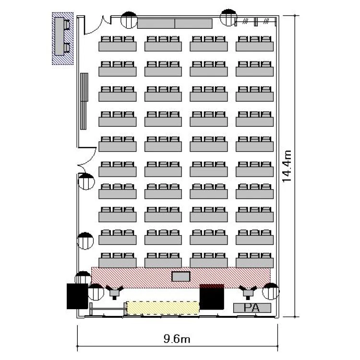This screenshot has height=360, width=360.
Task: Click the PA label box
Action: tap(252, 308)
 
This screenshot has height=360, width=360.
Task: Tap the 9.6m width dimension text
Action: tap(177, 339)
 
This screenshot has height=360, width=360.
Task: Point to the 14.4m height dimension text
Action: tap(287, 166)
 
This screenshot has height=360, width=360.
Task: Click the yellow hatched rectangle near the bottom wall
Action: tap(163, 308)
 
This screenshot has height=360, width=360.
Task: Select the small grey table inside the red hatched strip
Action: tap(181, 276)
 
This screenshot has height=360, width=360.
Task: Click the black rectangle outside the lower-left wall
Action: tap(77, 296)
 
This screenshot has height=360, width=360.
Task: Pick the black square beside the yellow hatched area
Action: tap(212, 297)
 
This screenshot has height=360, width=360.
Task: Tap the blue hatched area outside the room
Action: tap(63, 38)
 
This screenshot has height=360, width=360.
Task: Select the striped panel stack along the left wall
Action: tap(84, 101)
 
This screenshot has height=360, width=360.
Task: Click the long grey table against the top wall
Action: tap(175, 24)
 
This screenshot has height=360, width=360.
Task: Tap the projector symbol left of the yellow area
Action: tap(114, 292)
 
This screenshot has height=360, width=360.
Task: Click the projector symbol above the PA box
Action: tap(248, 292)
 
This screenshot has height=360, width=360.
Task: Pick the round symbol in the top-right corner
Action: tap(228, 17)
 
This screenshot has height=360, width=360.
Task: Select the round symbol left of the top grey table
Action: tap(129, 20)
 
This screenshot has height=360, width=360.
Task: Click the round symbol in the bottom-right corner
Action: tap(271, 291)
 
